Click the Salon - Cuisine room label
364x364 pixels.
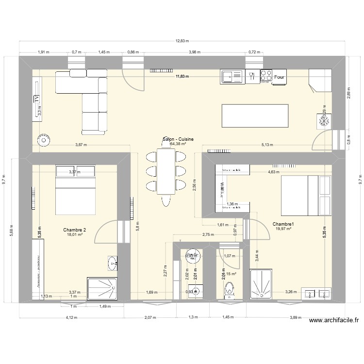(x=178, y=139)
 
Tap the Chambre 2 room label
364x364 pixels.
(x=74, y=230)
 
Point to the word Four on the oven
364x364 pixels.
(x=279, y=77)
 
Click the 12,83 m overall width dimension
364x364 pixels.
(x=182, y=42)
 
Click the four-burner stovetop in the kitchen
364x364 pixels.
(x=265, y=76)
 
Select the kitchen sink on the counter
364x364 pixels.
(x=232, y=76)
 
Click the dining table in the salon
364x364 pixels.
(x=165, y=171)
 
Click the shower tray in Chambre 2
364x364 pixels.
(x=101, y=290)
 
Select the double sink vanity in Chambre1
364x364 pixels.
(x=317, y=294)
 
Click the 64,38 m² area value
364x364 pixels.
(x=178, y=144)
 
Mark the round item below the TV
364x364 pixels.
(x=44, y=141)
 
